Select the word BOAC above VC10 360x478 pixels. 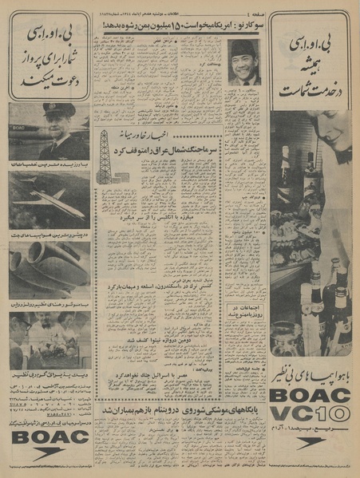click(x=313, y=393)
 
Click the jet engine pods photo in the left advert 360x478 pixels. click(x=49, y=271)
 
